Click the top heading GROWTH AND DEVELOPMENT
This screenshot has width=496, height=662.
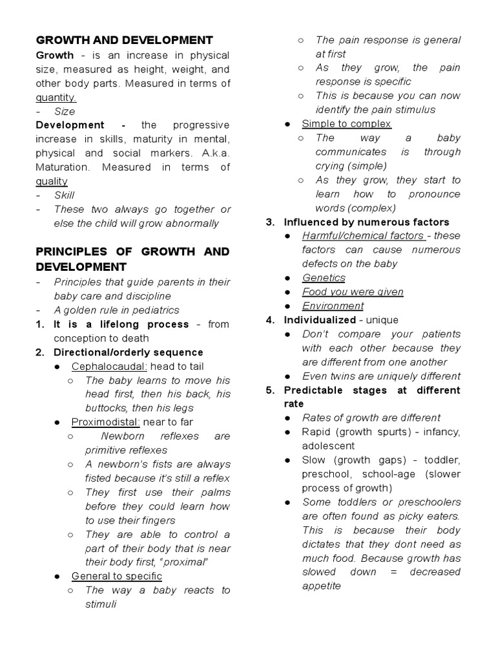(124, 40)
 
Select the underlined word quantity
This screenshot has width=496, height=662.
(56, 98)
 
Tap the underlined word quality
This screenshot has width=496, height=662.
(52, 182)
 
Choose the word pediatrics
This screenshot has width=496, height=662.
(156, 310)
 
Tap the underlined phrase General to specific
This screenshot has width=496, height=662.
(116, 576)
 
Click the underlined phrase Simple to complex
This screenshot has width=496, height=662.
(346, 123)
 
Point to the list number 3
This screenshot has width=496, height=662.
(270, 222)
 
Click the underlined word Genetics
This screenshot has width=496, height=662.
(324, 278)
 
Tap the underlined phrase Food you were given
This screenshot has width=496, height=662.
(353, 292)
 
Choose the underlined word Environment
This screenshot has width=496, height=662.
(333, 306)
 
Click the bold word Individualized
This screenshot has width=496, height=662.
(320, 320)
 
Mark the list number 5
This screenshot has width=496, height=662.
(270, 390)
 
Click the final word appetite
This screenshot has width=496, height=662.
(321, 586)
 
